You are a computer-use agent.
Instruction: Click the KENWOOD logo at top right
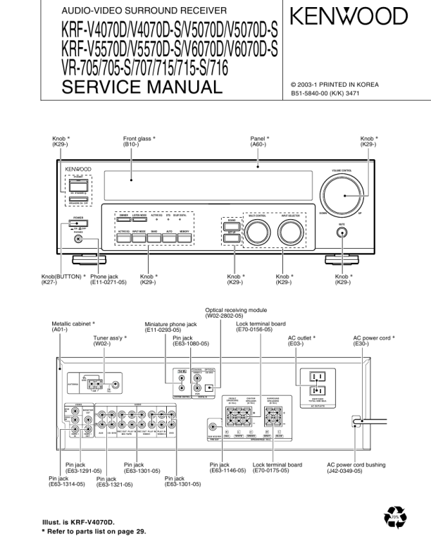[x=349, y=16]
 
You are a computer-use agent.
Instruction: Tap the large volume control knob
[x=344, y=197]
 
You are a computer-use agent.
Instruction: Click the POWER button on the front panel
[x=75, y=223]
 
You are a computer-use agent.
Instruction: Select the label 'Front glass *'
[x=139, y=139]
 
